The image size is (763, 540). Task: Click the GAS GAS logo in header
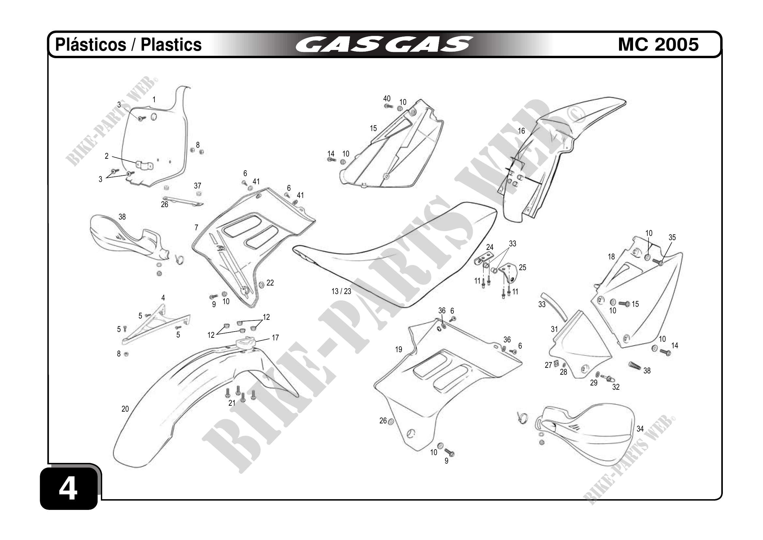(x=384, y=44)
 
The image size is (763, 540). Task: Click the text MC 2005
(x=658, y=44)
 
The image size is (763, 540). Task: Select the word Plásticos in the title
(x=90, y=44)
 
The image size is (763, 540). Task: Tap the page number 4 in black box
(x=68, y=489)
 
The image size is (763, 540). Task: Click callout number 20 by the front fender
(x=125, y=409)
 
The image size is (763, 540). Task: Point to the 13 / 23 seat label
(x=341, y=292)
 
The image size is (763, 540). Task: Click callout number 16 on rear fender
(x=521, y=131)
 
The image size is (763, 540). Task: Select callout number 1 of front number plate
(x=154, y=99)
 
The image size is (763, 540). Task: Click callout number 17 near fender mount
(x=275, y=338)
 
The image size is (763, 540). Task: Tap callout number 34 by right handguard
(x=640, y=429)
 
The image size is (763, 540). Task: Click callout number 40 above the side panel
(x=387, y=99)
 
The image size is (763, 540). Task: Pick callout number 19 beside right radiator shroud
(x=398, y=350)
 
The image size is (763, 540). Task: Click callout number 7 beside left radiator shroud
(x=197, y=228)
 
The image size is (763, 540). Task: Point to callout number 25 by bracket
(x=522, y=268)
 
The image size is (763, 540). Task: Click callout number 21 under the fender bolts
(x=232, y=403)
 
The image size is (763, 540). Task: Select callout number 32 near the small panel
(x=616, y=387)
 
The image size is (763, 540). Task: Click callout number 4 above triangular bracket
(x=163, y=298)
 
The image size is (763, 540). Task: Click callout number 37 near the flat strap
(x=198, y=186)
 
